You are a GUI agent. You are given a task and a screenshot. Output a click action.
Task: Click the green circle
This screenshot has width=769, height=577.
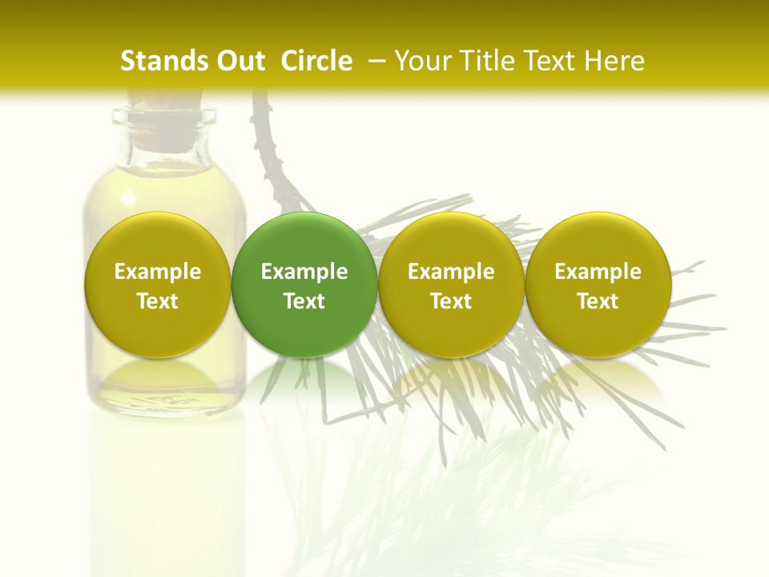(x=304, y=284)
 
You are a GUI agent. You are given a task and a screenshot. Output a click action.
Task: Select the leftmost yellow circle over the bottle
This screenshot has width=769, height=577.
(x=157, y=284)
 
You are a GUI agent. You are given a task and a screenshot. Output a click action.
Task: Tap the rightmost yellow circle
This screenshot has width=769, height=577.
(x=598, y=284)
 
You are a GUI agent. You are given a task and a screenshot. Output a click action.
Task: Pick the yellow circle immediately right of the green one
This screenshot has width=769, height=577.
(x=451, y=284)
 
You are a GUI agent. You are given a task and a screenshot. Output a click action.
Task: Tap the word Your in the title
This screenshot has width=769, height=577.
(x=421, y=61)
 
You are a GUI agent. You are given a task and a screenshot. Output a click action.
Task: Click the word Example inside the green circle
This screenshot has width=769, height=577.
(x=304, y=272)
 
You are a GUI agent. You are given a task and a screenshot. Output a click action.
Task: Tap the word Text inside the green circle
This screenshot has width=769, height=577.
(x=304, y=301)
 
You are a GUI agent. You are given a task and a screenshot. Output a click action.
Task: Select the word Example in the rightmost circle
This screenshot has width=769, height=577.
(x=598, y=272)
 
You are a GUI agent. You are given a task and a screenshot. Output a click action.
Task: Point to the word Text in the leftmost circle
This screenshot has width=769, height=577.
(x=157, y=301)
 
